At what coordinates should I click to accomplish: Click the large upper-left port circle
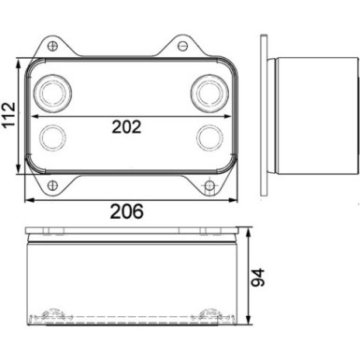pyautogui.click(x=50, y=94)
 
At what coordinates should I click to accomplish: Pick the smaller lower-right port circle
pyautogui.click(x=208, y=139)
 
